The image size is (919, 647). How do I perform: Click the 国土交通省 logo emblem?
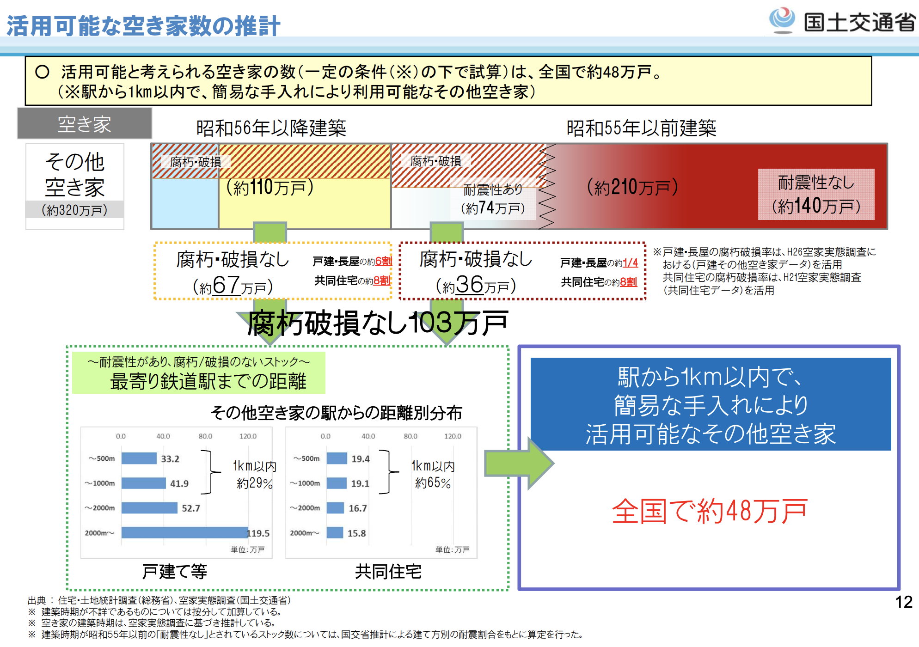(x=782, y=20)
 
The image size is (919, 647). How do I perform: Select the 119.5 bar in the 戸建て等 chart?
(x=185, y=532)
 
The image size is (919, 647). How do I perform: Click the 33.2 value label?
(x=170, y=459)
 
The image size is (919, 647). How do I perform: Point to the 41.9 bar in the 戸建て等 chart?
(x=144, y=483)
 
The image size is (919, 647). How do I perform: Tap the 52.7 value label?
(x=191, y=508)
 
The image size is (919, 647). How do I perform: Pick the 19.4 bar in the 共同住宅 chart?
(x=337, y=458)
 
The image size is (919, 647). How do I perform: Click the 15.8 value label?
(x=356, y=533)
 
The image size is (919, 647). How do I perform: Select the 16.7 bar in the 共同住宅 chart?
(x=336, y=508)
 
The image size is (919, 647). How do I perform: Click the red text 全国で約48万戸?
(x=710, y=511)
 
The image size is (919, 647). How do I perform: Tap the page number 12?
(x=904, y=602)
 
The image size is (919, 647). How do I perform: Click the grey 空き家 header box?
(x=85, y=123)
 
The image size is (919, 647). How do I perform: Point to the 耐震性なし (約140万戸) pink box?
(x=816, y=194)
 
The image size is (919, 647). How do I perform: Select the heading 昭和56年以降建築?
(x=271, y=128)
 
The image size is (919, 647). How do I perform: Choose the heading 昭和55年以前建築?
(x=641, y=128)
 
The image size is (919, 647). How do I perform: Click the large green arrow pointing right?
(x=519, y=463)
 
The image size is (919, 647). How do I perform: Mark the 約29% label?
(x=255, y=483)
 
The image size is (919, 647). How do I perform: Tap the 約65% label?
(x=433, y=483)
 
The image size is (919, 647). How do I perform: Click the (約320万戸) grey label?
(x=74, y=210)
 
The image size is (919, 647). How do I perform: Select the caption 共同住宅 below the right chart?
(x=388, y=572)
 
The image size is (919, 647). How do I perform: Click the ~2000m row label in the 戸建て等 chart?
(x=100, y=508)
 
